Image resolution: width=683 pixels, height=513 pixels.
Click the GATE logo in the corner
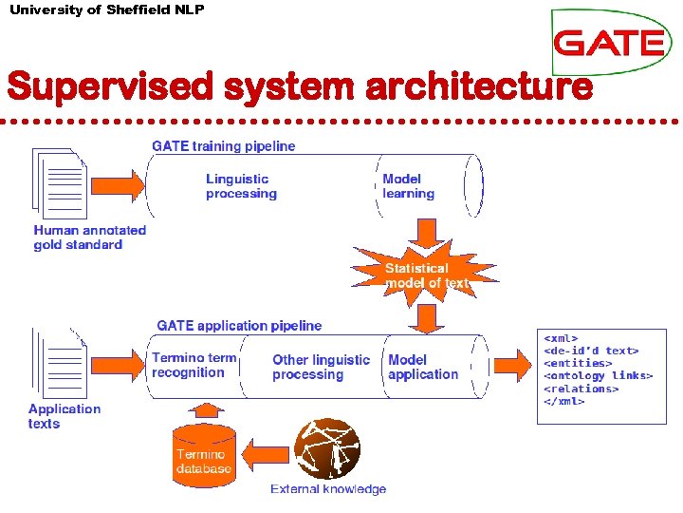point(608,43)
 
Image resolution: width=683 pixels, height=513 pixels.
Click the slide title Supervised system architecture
point(300,87)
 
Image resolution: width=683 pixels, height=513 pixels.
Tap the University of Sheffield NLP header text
point(106,9)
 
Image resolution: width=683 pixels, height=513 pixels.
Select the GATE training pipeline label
point(224,146)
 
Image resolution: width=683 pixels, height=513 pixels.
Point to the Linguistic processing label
point(241,186)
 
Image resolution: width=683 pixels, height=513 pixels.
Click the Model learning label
point(408,186)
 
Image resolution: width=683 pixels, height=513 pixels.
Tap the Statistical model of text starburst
point(426,275)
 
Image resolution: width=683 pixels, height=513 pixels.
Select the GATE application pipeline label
point(239,326)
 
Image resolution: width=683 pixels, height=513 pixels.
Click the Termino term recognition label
point(194,366)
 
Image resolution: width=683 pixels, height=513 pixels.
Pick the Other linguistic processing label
point(321,367)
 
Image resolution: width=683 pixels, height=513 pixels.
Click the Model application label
point(423,367)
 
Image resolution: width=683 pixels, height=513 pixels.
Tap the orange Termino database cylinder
point(203,457)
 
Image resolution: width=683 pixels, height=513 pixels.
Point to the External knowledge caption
point(328,489)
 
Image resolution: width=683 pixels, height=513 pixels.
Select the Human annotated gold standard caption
point(90,237)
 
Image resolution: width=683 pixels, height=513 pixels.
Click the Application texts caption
point(64,416)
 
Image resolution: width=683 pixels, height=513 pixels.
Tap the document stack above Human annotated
point(59,182)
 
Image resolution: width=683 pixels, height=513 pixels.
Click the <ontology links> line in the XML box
point(598,376)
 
